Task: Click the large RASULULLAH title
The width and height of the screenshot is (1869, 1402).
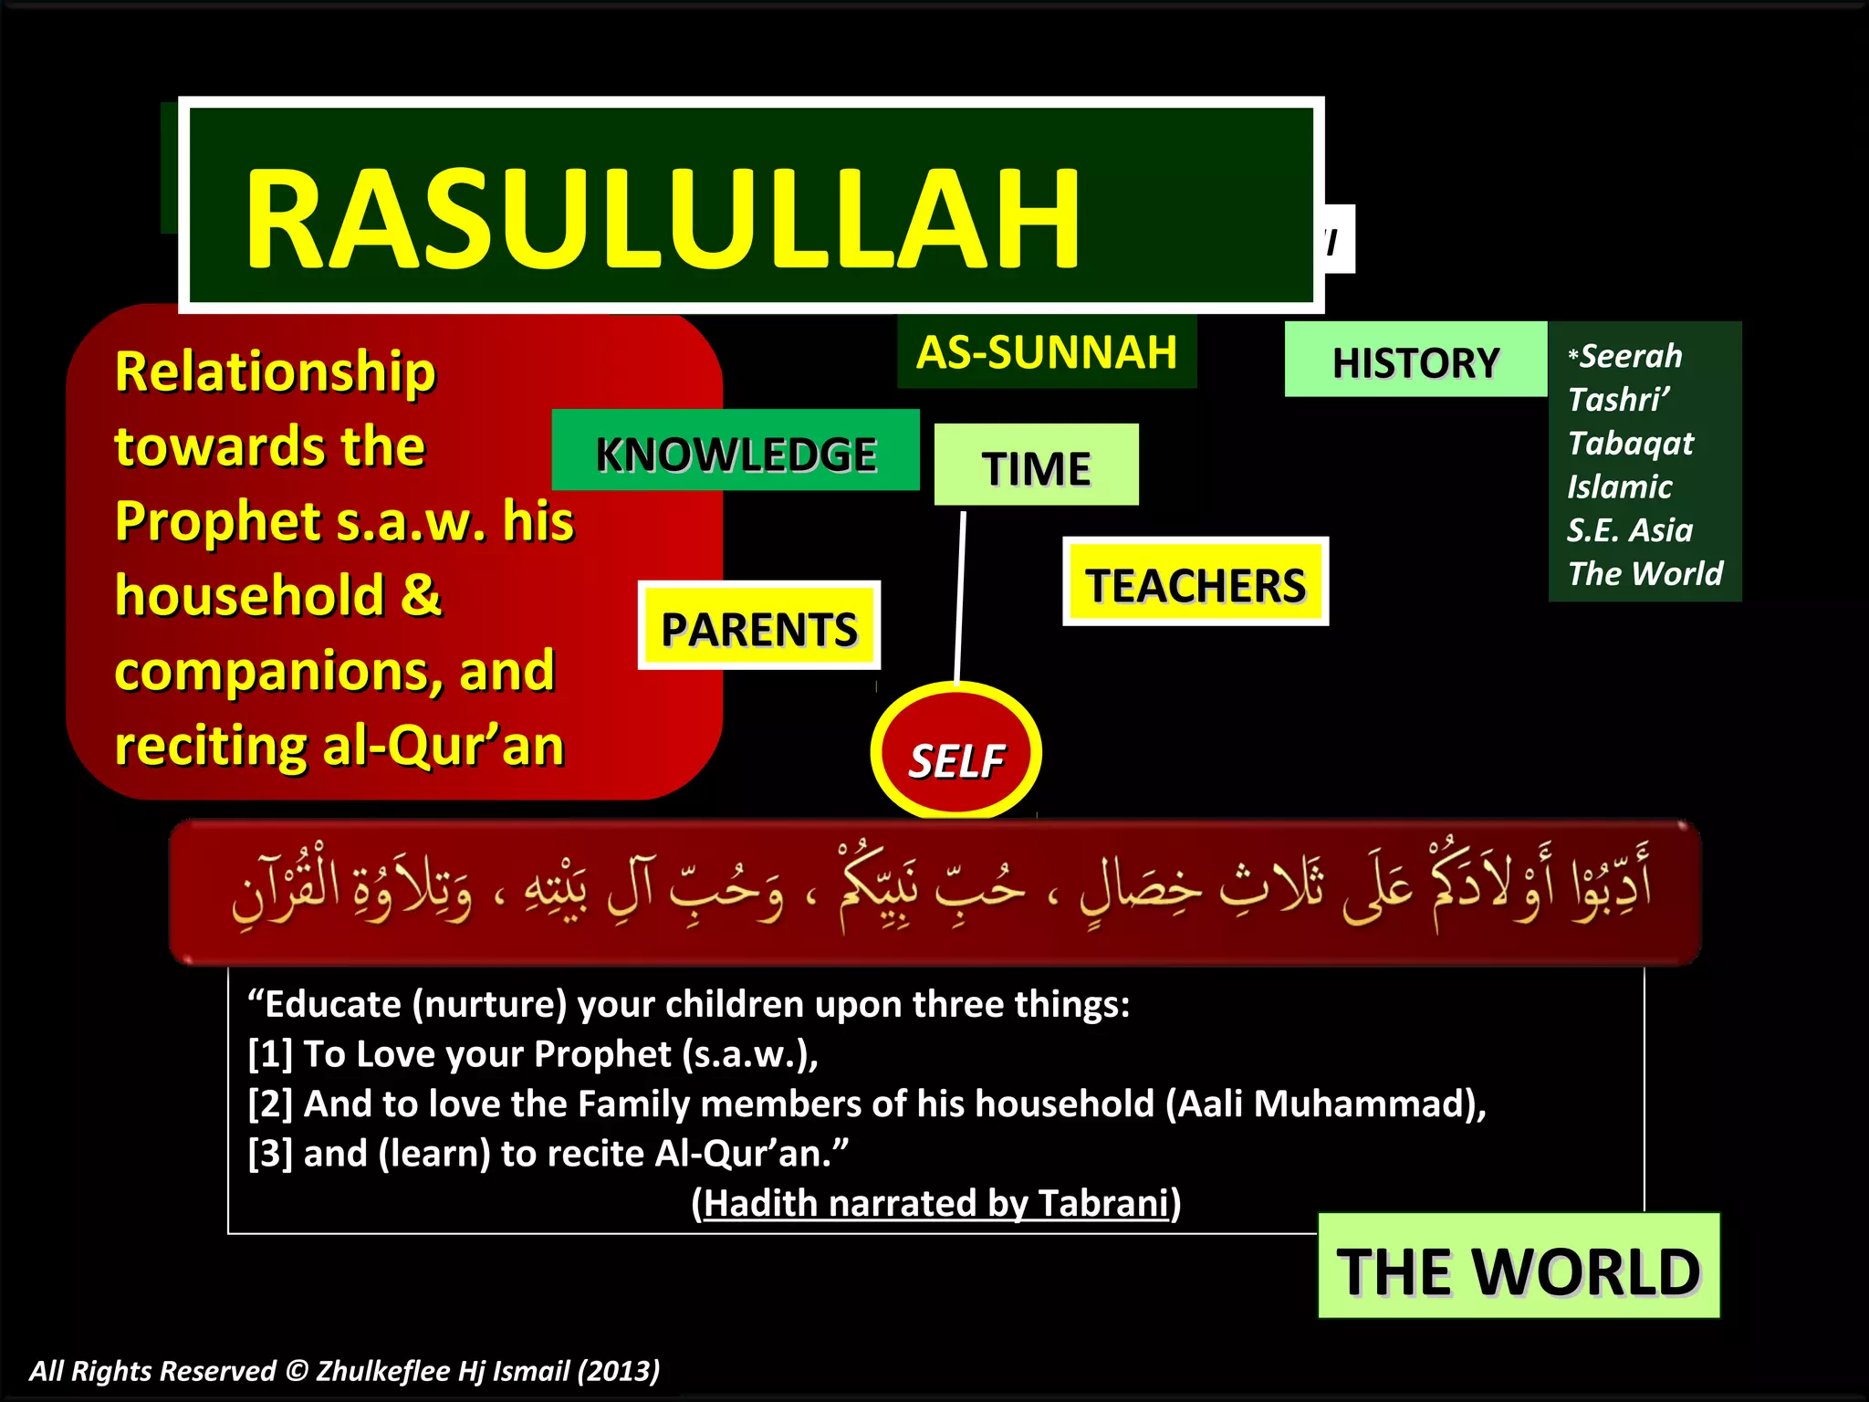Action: click(662, 219)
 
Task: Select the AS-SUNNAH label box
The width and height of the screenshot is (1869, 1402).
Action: click(1047, 352)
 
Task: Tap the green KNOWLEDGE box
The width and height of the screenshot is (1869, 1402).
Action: click(736, 454)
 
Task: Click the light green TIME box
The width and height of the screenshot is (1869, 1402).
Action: click(1036, 467)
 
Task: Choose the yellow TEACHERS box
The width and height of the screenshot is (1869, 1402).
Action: click(1195, 584)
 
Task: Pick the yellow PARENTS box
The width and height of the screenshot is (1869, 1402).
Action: click(758, 628)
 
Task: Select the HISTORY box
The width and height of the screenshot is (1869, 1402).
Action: click(1415, 361)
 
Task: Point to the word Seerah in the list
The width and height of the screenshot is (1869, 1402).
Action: click(1630, 356)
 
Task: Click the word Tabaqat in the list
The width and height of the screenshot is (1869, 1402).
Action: click(1630, 443)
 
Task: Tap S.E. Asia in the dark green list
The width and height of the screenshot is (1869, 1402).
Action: click(1629, 530)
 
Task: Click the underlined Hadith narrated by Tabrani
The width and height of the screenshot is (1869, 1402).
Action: click(936, 1203)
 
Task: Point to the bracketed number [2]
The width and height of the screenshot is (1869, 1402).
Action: click(270, 1104)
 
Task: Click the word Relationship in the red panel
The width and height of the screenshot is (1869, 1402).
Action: click(275, 372)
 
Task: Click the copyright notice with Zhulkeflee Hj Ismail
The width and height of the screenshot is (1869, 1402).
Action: click(344, 1370)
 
